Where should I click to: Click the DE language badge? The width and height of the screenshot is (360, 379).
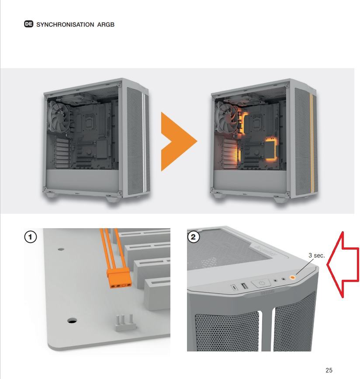pos(29,24)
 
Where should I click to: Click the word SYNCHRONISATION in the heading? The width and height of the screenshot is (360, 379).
pos(65,24)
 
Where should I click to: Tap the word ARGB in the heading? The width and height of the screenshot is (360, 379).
pos(106,24)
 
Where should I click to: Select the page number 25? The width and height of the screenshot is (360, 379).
pos(329,370)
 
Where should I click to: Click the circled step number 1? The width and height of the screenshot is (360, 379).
pos(31,237)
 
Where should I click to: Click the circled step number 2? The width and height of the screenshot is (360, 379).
pos(193,237)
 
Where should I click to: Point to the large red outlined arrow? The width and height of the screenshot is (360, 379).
pos(343,264)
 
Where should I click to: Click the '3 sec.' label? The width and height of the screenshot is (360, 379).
pos(317,255)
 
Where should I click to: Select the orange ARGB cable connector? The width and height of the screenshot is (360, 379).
pos(120,279)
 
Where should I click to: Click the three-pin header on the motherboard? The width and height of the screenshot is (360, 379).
pos(125,323)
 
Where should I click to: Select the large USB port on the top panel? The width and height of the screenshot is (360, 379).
pos(244,286)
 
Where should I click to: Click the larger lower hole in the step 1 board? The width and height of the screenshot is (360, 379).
pos(72,321)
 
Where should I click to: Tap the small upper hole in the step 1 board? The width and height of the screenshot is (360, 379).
pos(61,249)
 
